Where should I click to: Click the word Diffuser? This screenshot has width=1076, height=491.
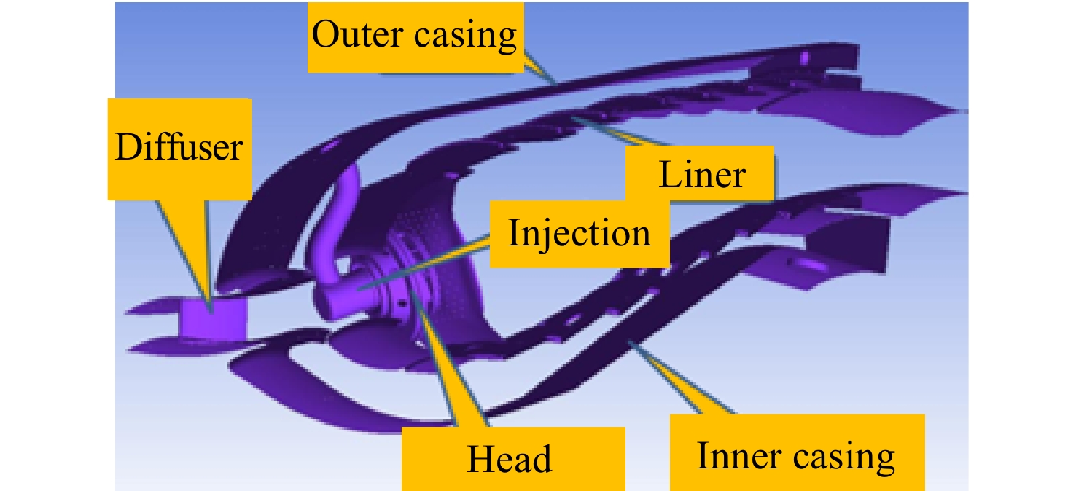(179, 147)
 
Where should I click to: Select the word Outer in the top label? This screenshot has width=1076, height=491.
(357, 34)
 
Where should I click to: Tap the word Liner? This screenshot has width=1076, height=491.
(702, 174)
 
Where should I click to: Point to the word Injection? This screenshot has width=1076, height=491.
(580, 234)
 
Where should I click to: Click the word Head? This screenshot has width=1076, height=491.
(510, 459)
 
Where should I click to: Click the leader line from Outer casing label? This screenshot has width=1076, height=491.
(540, 67)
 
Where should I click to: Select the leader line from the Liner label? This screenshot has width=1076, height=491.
(620, 130)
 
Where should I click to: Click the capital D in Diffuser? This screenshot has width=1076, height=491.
(128, 147)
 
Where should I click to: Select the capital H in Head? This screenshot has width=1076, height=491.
(482, 459)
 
